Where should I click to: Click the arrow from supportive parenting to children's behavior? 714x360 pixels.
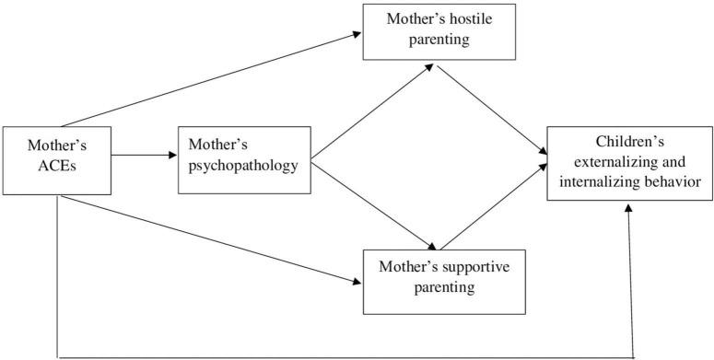tap(488, 208)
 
